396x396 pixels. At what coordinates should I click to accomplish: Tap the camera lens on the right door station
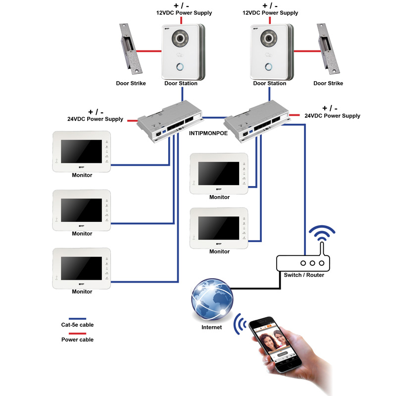268,39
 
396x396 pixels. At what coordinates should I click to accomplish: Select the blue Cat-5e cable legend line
71,319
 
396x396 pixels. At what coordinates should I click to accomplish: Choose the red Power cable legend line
71,334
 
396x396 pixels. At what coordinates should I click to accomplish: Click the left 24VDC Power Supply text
95,119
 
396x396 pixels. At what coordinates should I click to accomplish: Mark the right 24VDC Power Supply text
332,115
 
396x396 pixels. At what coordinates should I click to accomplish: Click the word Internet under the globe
211,327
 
